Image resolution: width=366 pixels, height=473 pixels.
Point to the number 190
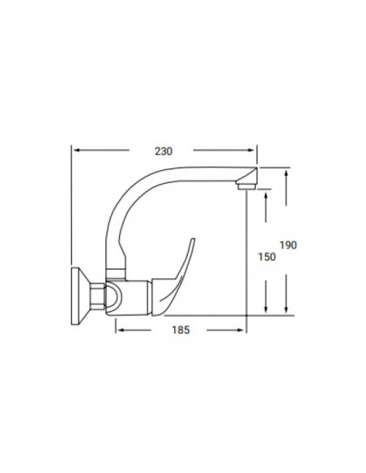289,245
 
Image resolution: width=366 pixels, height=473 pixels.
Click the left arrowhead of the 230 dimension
76,150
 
